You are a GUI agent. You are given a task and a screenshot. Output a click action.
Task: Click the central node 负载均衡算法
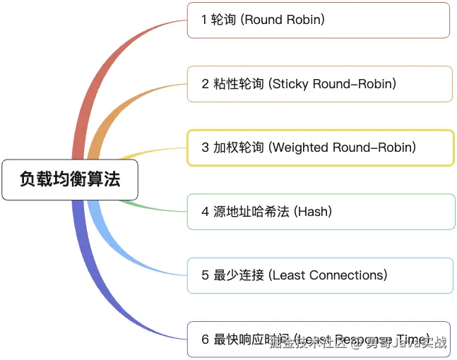tap(69, 179)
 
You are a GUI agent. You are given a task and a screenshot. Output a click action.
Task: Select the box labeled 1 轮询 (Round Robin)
tap(318, 20)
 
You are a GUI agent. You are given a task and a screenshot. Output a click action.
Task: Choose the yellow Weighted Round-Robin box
tap(320, 148)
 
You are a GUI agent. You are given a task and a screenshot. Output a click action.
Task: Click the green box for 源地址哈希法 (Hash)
tap(321, 211)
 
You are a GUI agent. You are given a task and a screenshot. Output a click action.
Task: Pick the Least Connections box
tap(320, 275)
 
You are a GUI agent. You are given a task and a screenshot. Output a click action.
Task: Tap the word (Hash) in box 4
tap(313, 211)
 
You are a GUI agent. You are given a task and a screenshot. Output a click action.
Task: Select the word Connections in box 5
tap(345, 275)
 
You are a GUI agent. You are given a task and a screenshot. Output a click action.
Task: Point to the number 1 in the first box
tap(204, 20)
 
